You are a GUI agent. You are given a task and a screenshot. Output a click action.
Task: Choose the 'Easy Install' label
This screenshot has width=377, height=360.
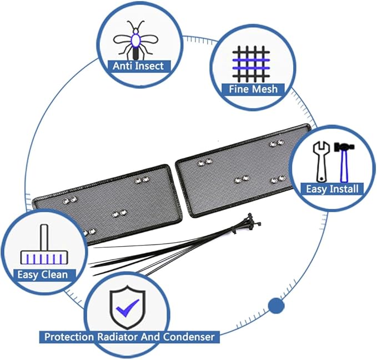tap(331, 189)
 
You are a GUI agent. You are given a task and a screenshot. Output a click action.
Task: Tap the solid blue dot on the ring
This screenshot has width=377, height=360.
tap(276, 305)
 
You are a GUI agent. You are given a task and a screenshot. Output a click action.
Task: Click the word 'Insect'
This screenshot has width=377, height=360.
tap(149, 66)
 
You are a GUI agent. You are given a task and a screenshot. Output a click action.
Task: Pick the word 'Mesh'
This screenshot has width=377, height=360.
tap(265, 89)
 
